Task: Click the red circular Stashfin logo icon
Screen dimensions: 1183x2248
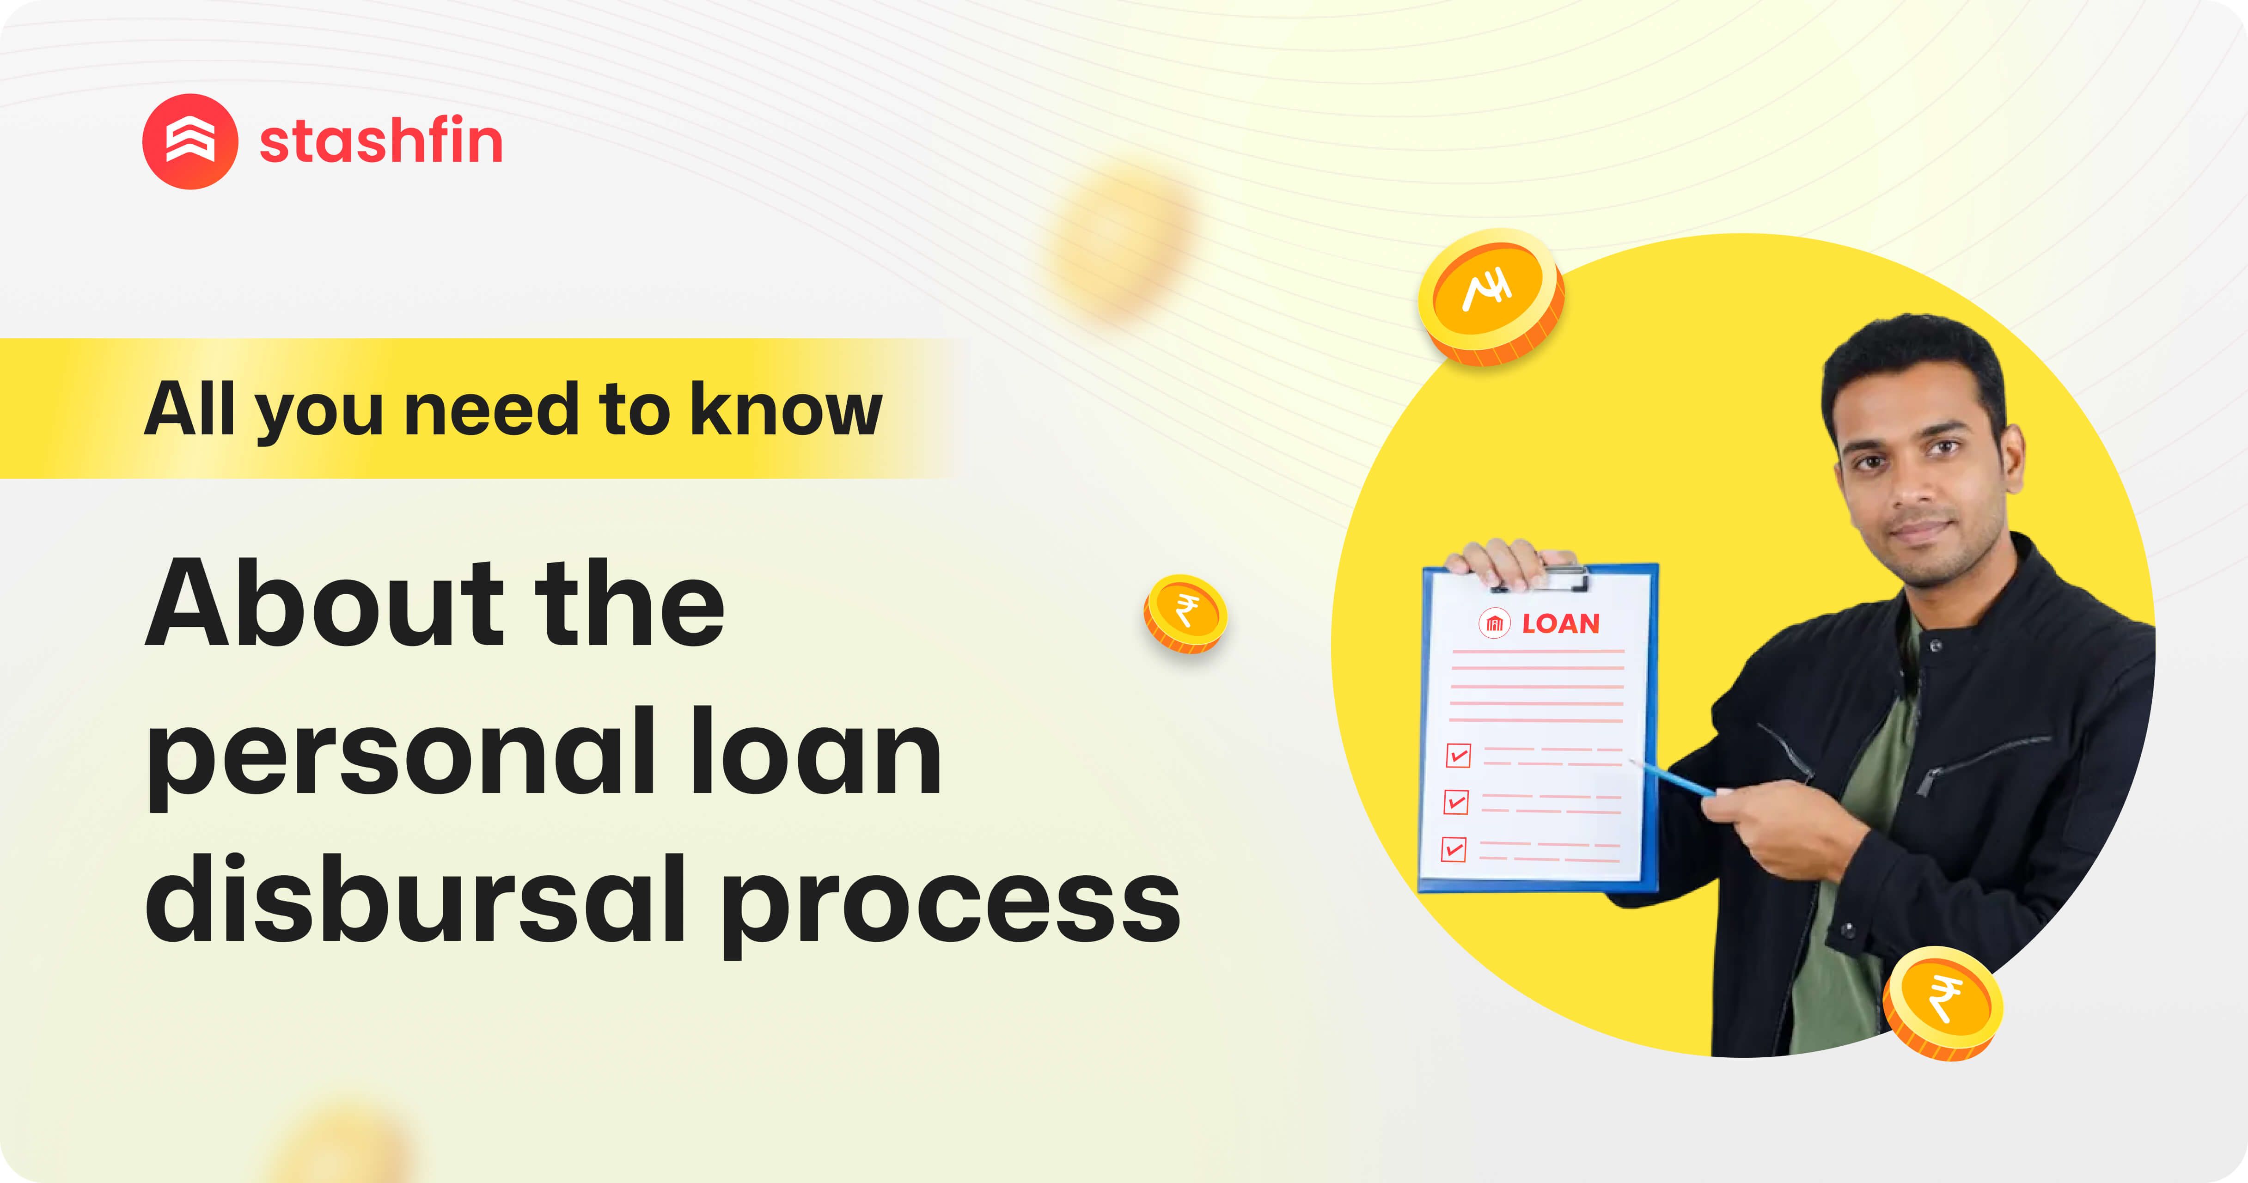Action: click(189, 141)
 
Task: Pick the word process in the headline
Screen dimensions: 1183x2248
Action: click(951, 907)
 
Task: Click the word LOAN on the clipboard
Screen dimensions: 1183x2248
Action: click(1560, 624)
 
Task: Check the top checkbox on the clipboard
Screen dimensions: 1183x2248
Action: click(1458, 755)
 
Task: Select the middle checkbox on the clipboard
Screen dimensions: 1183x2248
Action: click(1456, 802)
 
